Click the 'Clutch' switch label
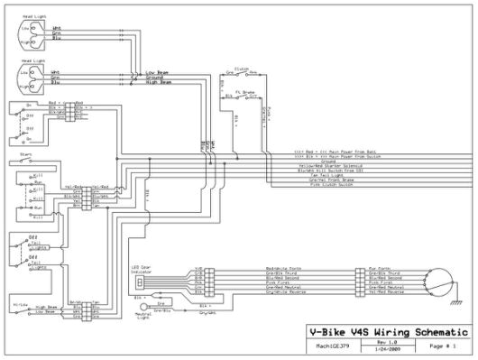tap(241, 67)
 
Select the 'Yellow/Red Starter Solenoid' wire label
tap(332, 165)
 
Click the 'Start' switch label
tap(25, 154)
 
